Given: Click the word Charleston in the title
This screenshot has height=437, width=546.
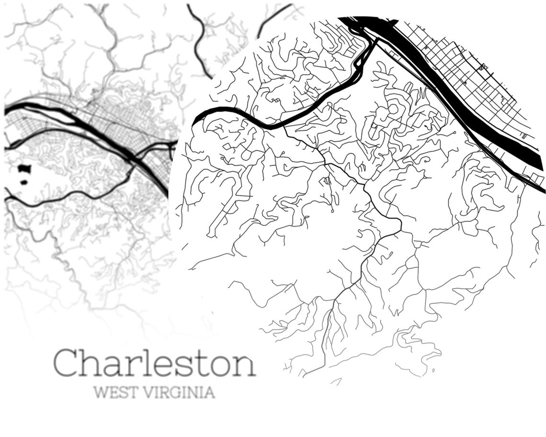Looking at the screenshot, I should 154,363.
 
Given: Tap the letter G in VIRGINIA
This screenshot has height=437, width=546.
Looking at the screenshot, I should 176,392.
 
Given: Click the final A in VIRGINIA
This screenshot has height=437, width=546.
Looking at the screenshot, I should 209,392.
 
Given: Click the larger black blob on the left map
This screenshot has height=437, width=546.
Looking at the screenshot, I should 24,169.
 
